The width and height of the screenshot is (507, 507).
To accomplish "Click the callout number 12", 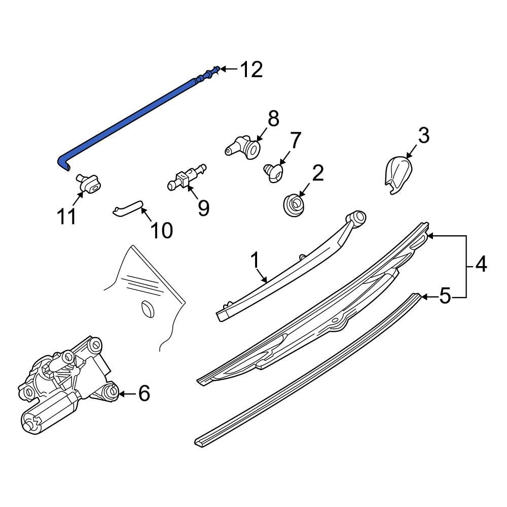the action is point(251,69).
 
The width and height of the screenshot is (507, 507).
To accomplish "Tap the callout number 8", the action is point(274,118).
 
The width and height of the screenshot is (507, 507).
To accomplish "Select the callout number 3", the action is point(423,135).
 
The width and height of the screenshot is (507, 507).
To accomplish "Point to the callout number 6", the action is point(144,393).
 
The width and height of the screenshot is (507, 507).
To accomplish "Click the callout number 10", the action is point(161,230).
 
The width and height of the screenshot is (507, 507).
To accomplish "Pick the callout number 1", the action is point(255,261).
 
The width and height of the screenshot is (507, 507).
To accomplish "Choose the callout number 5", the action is point(445,296).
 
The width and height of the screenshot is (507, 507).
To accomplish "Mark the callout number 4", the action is point(481,264).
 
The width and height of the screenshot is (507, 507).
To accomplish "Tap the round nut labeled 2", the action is point(294,205).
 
